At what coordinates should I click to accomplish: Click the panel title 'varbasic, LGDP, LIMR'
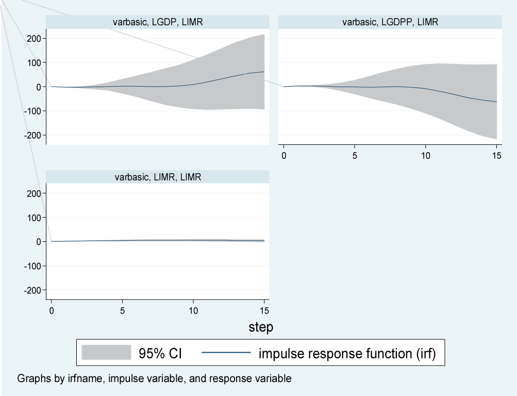[157, 22]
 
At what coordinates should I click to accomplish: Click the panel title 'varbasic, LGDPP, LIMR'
[390, 22]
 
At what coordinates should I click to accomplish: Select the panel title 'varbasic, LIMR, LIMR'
[157, 177]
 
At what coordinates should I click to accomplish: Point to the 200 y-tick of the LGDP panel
[34, 39]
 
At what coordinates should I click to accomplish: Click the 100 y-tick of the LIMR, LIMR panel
[34, 218]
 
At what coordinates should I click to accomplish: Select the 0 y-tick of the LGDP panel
[38, 87]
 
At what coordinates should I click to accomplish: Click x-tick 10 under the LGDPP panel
[425, 155]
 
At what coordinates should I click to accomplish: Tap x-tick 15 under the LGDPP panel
[496, 155]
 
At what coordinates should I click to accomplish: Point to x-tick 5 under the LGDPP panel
[355, 155]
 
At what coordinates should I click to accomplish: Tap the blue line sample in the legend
[225, 353]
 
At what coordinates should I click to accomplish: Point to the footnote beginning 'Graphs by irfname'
[154, 378]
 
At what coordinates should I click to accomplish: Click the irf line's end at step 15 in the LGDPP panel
[496, 102]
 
